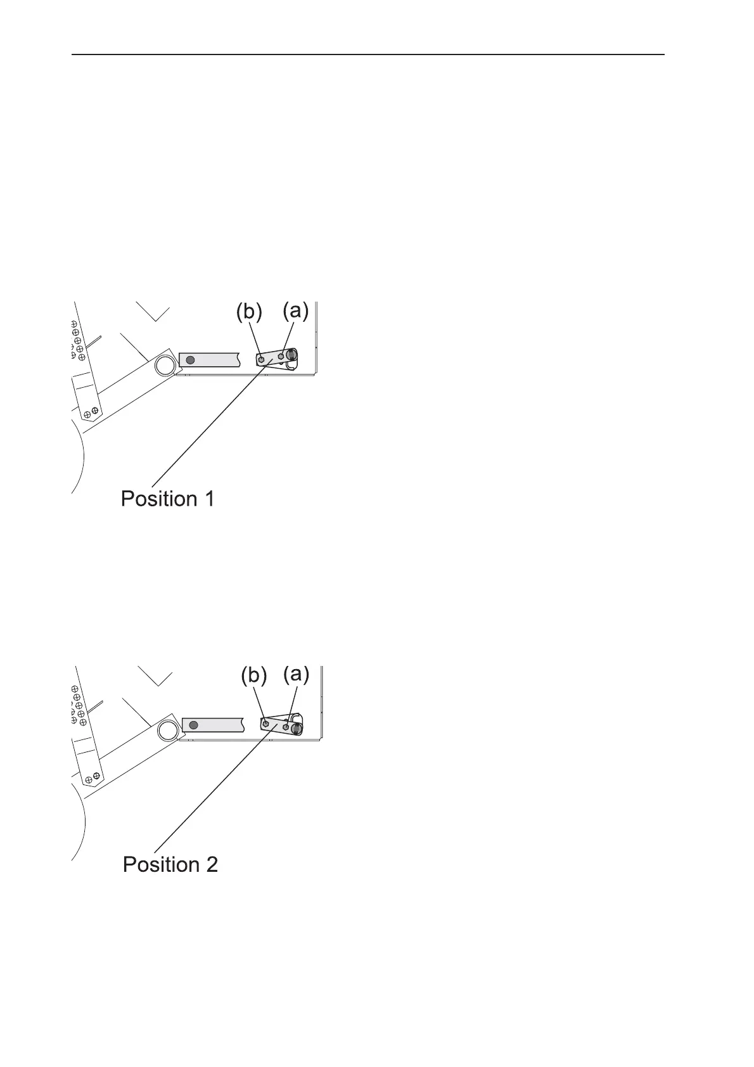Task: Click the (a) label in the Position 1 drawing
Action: tap(295, 312)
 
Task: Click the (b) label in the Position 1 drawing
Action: tap(249, 313)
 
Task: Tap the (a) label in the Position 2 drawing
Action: tap(296, 675)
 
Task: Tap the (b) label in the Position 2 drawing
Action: tap(253, 676)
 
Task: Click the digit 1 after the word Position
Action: tap(208, 499)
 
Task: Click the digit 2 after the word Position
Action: tap(211, 864)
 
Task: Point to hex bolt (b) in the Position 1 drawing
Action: tap(262, 359)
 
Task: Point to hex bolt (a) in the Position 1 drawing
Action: tap(281, 357)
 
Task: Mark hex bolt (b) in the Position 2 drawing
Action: tap(265, 723)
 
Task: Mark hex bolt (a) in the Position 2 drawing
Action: tap(286, 726)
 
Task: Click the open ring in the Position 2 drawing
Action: tap(168, 730)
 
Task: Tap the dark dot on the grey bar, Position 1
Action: tap(189, 360)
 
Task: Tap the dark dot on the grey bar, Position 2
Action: tap(194, 724)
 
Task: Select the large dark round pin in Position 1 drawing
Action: tap(291, 355)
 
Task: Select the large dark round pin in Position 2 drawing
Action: tap(295, 729)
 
